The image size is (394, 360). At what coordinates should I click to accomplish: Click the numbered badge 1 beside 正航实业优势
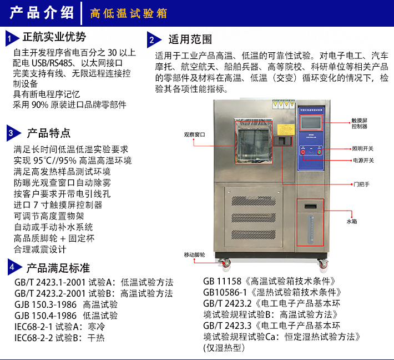(x=11, y=38)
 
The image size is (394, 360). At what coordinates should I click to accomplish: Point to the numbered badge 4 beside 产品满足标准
(x=11, y=268)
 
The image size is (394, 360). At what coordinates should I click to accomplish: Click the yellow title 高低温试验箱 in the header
(x=129, y=13)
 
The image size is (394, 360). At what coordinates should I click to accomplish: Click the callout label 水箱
(x=367, y=221)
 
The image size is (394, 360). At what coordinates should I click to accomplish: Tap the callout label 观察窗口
(x=194, y=134)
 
